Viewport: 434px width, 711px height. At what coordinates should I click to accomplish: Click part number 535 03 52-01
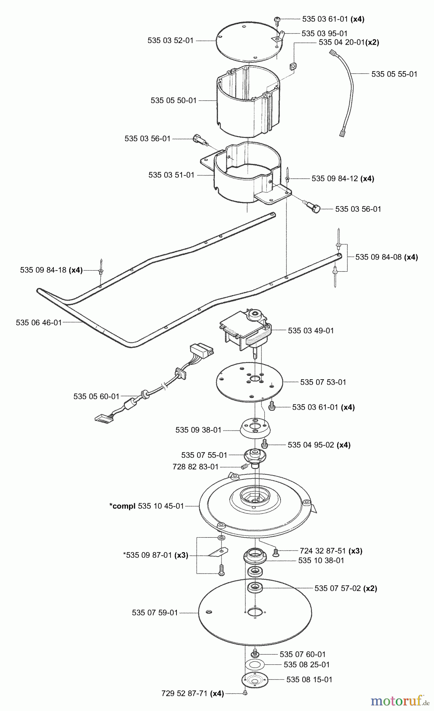point(171,40)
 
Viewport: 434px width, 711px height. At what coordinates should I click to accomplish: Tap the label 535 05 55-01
point(394,74)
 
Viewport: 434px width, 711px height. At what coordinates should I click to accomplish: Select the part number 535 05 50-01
point(174,100)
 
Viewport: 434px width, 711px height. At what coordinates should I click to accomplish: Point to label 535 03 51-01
point(172,175)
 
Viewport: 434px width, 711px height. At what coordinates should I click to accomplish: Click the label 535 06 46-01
point(39,322)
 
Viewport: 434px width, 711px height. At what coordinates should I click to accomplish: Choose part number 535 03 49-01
point(311,330)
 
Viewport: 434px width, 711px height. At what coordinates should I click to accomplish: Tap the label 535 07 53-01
point(323,382)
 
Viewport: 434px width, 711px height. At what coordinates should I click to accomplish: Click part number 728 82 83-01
point(195,467)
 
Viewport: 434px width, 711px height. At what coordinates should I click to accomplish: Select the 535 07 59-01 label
point(155,613)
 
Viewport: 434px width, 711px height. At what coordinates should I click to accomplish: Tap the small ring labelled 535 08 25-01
point(255,664)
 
